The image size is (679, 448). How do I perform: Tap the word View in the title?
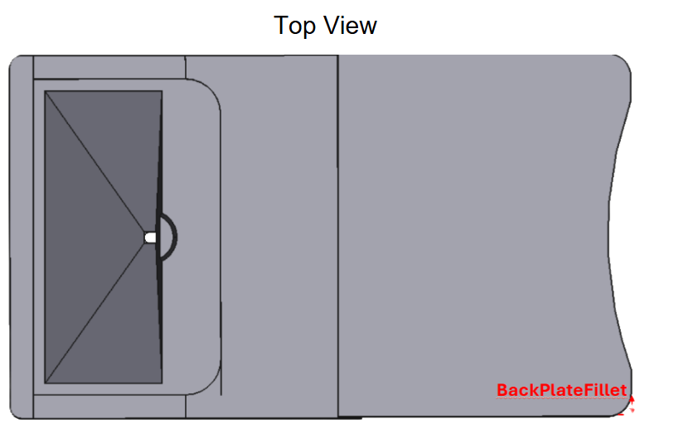pos(351,26)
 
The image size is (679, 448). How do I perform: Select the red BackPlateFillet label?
pos(561,390)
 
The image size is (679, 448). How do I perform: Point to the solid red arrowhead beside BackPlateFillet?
pos(632,399)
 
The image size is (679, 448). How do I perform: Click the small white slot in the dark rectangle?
pos(150,238)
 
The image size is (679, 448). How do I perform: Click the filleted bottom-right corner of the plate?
pos(625,409)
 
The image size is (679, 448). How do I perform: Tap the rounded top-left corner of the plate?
pos(14,60)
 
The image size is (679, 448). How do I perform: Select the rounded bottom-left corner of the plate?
pos(14,413)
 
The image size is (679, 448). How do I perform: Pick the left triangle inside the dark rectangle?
pos(78,237)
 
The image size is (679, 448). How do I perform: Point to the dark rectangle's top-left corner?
pos(45,91)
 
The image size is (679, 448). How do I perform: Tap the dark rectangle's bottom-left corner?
pos(45,383)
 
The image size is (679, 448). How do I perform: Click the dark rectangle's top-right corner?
pos(162,91)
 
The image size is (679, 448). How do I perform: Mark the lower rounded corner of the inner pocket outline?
pos(211,385)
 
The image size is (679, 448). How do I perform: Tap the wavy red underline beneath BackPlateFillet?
pos(561,398)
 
